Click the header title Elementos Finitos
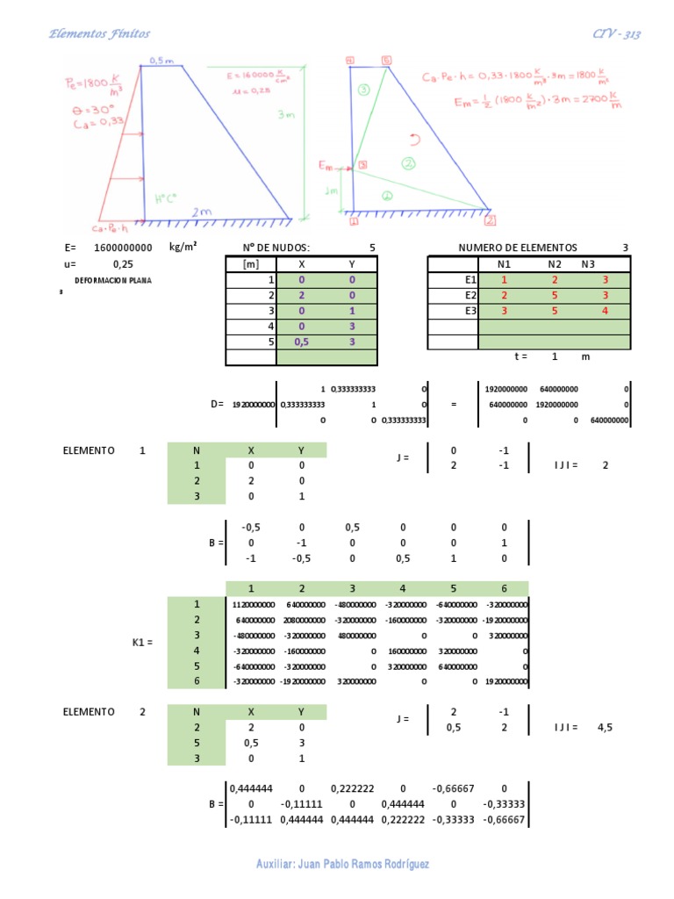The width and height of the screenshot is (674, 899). (99, 34)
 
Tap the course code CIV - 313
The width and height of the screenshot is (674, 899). (616, 34)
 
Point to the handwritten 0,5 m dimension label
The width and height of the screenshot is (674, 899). (161, 61)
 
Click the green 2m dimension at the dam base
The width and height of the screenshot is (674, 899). (202, 211)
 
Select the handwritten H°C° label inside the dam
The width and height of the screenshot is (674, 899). (166, 198)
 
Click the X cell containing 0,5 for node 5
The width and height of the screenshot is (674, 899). (301, 342)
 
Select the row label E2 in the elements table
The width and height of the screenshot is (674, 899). (470, 295)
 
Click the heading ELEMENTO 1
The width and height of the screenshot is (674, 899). (104, 450)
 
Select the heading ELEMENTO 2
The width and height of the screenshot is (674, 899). (104, 712)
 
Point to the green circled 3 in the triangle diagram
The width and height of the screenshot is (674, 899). (363, 90)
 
